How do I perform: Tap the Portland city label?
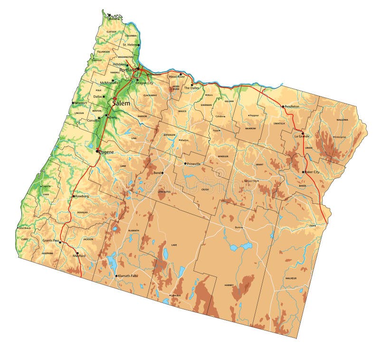click(x=127, y=70)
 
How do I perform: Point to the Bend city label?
click(x=157, y=173)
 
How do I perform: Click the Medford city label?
click(x=79, y=256)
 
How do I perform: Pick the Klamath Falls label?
click(x=128, y=275)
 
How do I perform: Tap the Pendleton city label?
click(x=292, y=106)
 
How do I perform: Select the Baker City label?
click(x=312, y=172)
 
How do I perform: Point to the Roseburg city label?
click(x=81, y=196)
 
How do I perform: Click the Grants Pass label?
click(x=51, y=241)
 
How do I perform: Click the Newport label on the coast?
click(x=80, y=103)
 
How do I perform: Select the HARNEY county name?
click(x=229, y=285)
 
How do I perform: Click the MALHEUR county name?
click(x=291, y=278)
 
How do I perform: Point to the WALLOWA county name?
click(x=342, y=120)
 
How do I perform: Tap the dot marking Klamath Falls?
click(x=116, y=275)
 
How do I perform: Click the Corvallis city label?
click(x=93, y=120)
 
